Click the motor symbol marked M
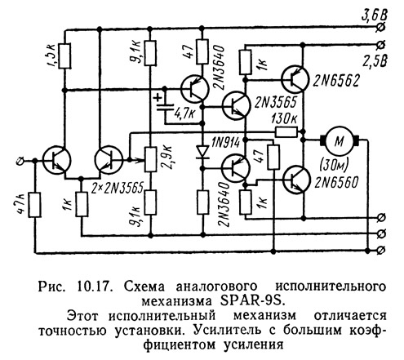(x=340, y=140)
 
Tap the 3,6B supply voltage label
(x=374, y=16)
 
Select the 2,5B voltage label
(x=375, y=61)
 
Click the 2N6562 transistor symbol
(x=295, y=79)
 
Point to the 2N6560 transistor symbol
(x=296, y=180)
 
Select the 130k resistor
(x=286, y=132)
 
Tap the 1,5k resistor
(x=64, y=56)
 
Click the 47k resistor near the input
(x=35, y=205)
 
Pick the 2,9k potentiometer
(x=150, y=159)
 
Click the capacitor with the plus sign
(x=165, y=107)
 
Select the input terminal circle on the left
(x=20, y=161)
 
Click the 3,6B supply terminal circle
(x=381, y=27)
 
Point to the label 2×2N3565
(x=118, y=188)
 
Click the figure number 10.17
(x=94, y=287)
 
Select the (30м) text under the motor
(x=335, y=164)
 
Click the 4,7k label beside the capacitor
(x=184, y=113)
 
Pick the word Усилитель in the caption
(x=233, y=330)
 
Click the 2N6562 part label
(x=336, y=81)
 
